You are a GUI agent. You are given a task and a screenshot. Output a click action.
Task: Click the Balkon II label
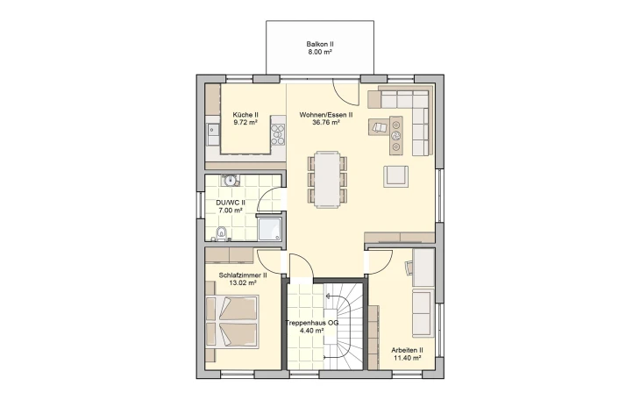(x=320, y=44)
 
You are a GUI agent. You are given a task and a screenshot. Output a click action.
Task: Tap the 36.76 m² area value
(x=326, y=122)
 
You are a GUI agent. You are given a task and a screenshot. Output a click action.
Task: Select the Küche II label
(x=245, y=115)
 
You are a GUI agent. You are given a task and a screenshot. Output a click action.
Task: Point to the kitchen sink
(x=213, y=130)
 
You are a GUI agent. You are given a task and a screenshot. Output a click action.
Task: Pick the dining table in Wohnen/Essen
(x=328, y=180)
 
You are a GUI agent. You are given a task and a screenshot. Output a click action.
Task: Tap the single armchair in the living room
(x=395, y=176)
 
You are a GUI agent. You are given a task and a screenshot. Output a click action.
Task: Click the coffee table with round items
(x=396, y=136)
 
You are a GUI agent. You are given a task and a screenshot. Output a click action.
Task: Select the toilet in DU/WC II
(x=222, y=233)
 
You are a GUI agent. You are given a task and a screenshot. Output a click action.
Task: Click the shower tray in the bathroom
(x=269, y=228)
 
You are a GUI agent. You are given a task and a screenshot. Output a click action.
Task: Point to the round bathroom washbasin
(x=231, y=180)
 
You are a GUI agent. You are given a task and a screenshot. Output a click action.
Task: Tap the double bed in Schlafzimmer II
(x=231, y=322)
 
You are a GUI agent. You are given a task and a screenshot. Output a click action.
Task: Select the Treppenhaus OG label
(x=312, y=323)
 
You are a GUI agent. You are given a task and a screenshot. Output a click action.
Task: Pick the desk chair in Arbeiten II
(x=409, y=268)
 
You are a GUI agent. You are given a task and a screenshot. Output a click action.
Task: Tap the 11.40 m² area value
(x=407, y=358)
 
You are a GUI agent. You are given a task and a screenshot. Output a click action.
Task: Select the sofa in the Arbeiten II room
(x=423, y=314)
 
